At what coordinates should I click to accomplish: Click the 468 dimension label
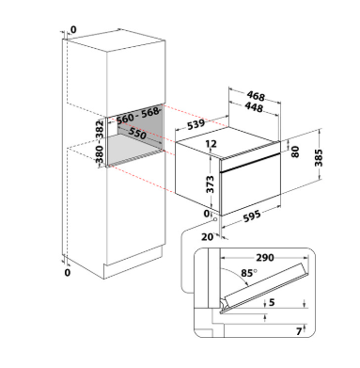tap(256, 96)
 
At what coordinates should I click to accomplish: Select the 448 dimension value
tap(254, 107)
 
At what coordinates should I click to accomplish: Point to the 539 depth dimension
tap(196, 124)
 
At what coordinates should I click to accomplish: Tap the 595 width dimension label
tap(252, 216)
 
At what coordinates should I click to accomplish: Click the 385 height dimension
tap(319, 158)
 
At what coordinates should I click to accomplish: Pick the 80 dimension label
tap(295, 152)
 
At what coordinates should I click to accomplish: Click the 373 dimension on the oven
tap(210, 184)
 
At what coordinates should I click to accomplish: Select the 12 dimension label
tap(211, 144)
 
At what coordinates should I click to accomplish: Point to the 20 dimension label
tap(207, 237)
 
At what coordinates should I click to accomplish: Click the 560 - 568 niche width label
tap(137, 116)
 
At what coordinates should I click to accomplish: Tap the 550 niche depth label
tap(137, 134)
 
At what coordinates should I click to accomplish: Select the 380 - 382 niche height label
tap(100, 142)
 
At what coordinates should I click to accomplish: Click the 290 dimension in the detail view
tap(265, 258)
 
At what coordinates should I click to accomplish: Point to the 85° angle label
tap(248, 273)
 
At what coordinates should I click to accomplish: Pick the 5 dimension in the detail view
tap(272, 302)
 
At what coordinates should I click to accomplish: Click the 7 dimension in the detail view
tap(299, 331)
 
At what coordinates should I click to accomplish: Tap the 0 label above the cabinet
tap(73, 30)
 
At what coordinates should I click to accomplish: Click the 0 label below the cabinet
tap(68, 273)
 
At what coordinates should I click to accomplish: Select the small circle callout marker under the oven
tap(215, 219)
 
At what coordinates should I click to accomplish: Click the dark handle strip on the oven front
tap(250, 163)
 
